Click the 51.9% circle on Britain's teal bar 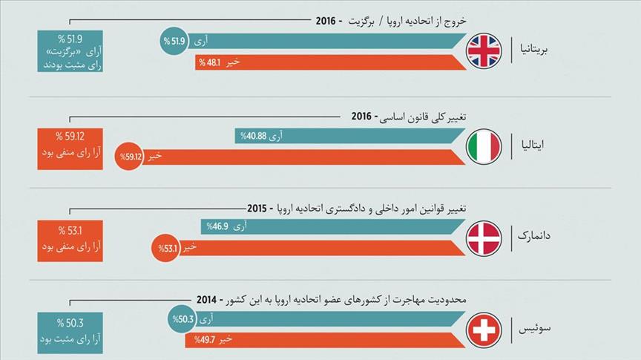[174, 42]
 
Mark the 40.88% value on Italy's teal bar [251, 136]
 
